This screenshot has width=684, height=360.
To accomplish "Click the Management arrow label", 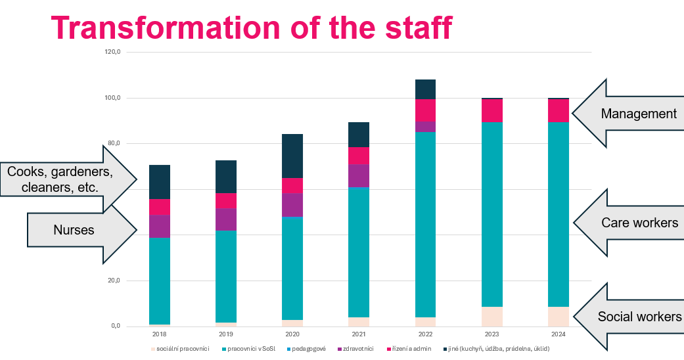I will click(638, 114).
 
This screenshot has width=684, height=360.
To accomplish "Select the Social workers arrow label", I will click(639, 317).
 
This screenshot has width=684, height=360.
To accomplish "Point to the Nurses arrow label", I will click(74, 230).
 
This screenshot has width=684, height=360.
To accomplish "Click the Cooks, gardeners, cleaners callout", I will click(60, 179).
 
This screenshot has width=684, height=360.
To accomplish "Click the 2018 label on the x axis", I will click(160, 334).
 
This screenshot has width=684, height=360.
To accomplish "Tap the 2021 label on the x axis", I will click(359, 334).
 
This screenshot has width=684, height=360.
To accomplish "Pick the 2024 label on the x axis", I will click(558, 334).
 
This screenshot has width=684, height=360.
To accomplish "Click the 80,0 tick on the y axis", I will click(114, 144).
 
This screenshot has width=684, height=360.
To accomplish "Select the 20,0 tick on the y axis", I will click(114, 281).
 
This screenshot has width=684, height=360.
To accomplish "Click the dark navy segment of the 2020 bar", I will click(292, 156).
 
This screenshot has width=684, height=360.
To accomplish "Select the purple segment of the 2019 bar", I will click(226, 219).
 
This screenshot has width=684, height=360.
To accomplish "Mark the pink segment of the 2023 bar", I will click(491, 110).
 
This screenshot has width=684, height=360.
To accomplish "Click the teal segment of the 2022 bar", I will click(425, 223).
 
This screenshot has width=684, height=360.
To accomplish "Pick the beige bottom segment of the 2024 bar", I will click(558, 317).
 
